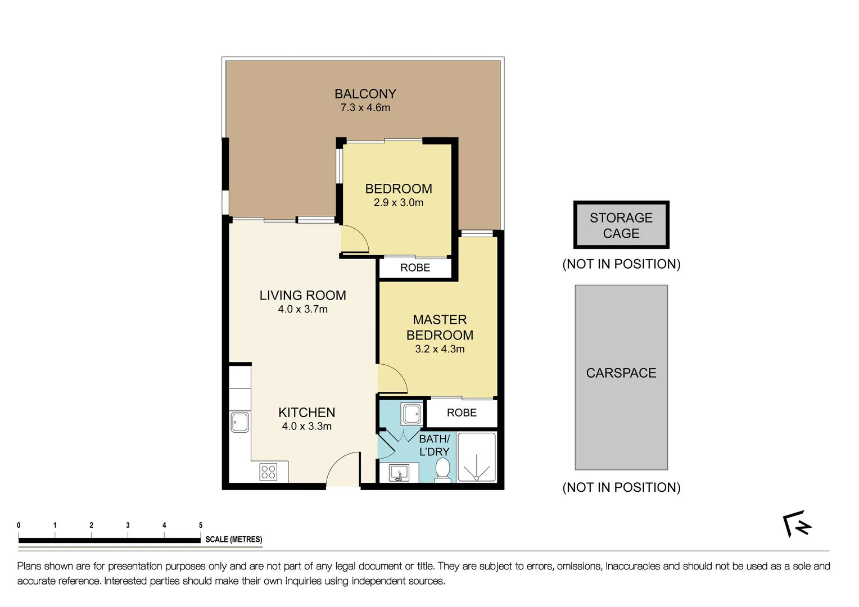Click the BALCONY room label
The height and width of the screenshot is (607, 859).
click(x=365, y=94)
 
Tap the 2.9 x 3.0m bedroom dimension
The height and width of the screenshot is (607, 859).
click(x=399, y=203)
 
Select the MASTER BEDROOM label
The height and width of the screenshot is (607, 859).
click(x=440, y=328)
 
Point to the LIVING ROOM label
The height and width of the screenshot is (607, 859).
click(x=302, y=296)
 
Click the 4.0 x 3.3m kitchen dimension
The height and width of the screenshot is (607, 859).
click(x=306, y=427)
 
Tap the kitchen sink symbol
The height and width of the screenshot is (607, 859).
click(x=240, y=422)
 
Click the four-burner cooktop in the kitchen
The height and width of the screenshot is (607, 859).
click(x=268, y=472)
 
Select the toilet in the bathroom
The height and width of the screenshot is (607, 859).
click(x=443, y=470)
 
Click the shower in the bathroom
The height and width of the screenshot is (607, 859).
click(x=477, y=457)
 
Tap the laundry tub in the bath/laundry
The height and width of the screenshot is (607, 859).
click(x=412, y=414)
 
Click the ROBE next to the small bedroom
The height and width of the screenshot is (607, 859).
click(x=415, y=268)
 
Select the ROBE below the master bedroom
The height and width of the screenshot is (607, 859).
click(x=462, y=413)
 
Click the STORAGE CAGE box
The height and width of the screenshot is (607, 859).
click(x=621, y=225)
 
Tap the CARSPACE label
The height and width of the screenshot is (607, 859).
click(x=621, y=373)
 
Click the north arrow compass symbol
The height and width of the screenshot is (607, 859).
click(x=797, y=525)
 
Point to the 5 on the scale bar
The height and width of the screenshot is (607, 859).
click(x=201, y=526)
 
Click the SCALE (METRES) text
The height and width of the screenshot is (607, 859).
click(x=234, y=540)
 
